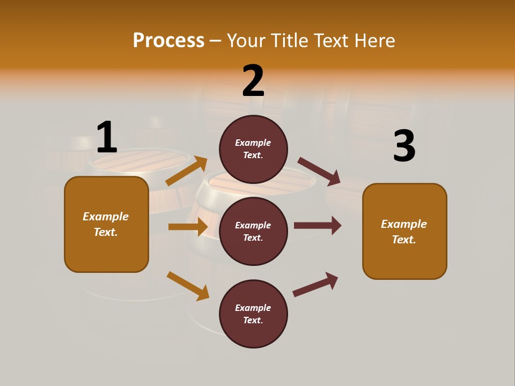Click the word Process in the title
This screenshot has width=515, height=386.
pos(168,40)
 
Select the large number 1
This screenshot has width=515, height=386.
pos(106,137)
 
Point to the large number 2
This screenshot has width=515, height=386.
pos(253,81)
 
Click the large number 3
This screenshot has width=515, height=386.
pos(404,146)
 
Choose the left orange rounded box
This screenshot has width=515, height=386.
pos(106,224)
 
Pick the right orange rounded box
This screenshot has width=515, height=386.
pos(404,232)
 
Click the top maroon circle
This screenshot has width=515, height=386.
pos(253,149)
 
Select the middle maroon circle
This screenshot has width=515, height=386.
pos(253,231)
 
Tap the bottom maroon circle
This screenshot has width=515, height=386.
pos(253,314)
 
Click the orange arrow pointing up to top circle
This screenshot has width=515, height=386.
pos(187,171)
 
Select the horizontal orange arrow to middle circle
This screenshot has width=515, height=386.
pos(188,227)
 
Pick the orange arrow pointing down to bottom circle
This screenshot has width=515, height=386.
pos(188,286)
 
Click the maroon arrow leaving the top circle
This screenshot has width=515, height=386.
pos(319,171)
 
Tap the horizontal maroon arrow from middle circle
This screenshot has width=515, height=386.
pos(318,225)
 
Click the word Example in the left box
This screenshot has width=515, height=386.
pos(106,217)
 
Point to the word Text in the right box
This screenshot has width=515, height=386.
pos(403,240)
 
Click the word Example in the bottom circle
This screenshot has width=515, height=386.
pos(253,308)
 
